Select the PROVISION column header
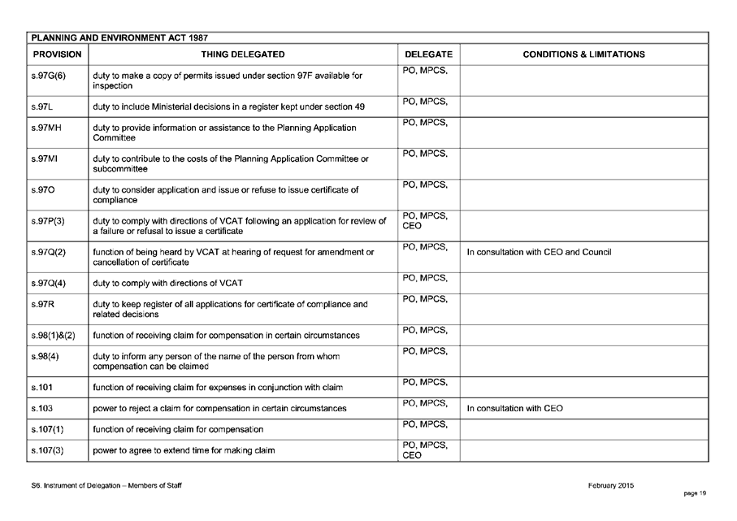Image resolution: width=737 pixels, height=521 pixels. [57, 54]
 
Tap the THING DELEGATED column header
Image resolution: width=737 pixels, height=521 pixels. [243, 54]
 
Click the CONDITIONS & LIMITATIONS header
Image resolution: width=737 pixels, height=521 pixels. [583, 54]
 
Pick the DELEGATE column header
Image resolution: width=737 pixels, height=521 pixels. [428, 54]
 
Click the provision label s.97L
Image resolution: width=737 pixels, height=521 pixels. [42, 106]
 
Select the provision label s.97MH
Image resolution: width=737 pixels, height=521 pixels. [46, 128]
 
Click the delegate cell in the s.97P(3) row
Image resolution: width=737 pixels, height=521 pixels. [428, 221]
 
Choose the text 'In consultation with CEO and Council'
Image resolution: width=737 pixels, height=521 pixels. [539, 252]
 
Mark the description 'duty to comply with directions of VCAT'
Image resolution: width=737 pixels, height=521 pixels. [167, 284]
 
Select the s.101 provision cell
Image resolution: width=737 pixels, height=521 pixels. [41, 387]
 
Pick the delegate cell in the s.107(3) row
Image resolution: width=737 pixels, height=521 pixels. [428, 450]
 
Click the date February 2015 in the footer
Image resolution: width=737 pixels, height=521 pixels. [611, 486]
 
